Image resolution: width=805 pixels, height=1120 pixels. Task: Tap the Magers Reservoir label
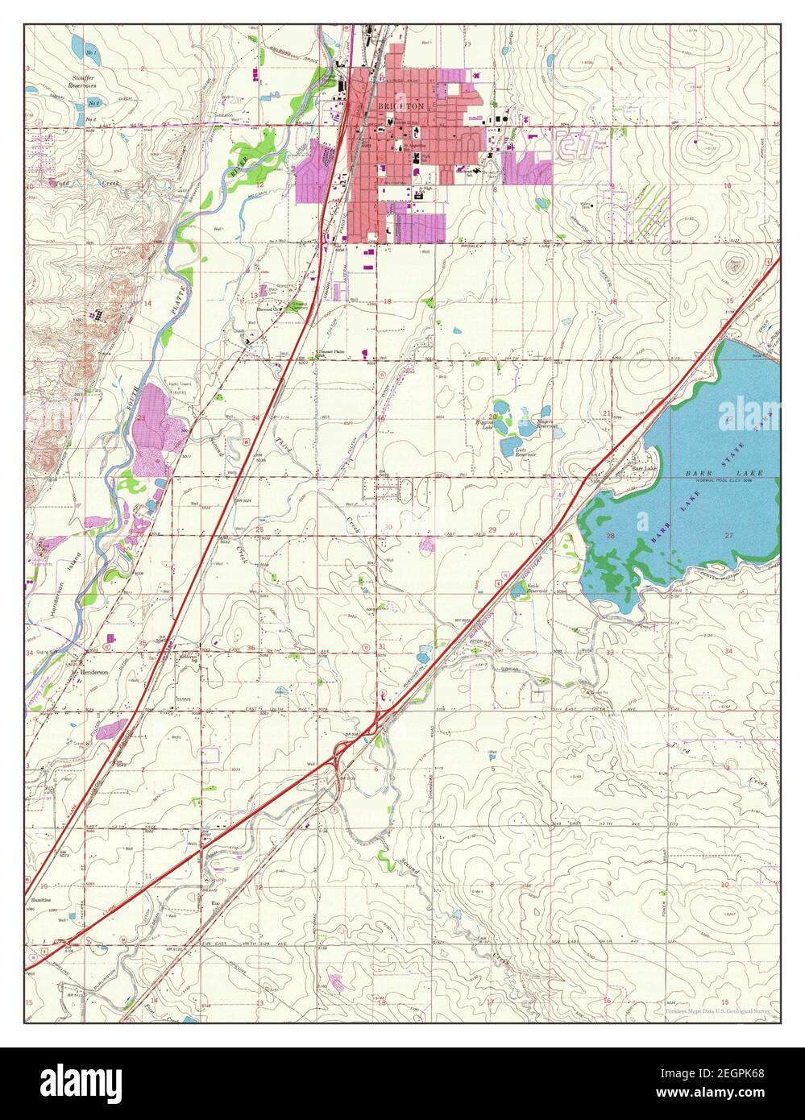coord(550,422)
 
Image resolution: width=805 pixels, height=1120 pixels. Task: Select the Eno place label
coord(215,903)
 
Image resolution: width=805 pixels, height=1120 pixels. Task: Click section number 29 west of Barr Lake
coord(492,529)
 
